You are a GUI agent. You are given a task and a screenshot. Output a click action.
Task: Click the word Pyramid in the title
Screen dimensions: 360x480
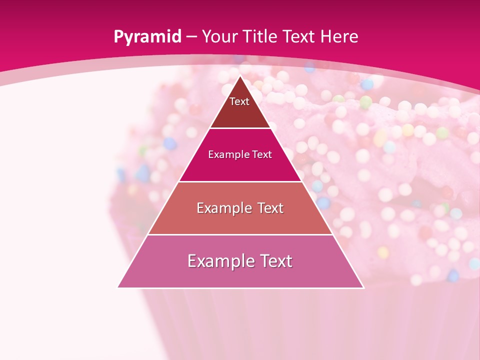point(147,37)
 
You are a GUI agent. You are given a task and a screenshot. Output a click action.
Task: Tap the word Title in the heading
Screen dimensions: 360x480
point(261,36)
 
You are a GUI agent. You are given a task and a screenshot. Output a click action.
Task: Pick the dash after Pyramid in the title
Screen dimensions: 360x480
point(191,37)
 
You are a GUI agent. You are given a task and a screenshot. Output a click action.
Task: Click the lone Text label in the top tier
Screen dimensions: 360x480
point(239,101)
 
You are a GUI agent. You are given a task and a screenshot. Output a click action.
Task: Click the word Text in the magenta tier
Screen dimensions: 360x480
point(262,154)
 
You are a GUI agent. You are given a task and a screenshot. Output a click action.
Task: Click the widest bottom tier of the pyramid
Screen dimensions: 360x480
point(240,275)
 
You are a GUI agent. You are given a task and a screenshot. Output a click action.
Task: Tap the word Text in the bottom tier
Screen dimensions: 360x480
point(275,261)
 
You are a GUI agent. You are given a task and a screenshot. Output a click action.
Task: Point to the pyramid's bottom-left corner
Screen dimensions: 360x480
point(118,287)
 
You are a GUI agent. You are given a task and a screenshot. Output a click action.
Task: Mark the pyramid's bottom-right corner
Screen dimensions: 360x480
point(363,287)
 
